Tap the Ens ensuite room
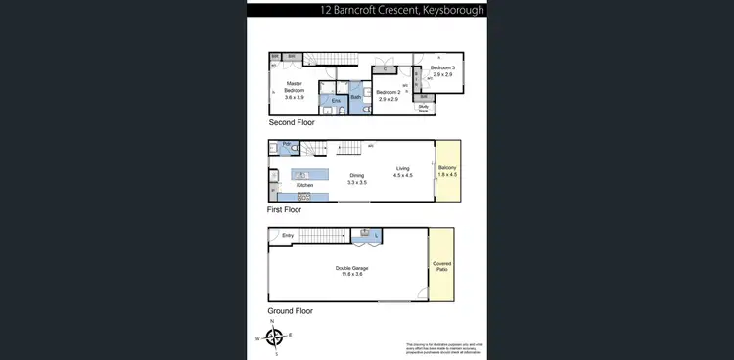(x=336, y=99)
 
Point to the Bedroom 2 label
(x=388, y=95)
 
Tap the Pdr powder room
(x=286, y=145)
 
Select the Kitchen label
(x=304, y=184)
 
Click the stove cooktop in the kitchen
(x=304, y=196)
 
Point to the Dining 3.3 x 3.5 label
(x=356, y=179)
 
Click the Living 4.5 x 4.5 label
(x=402, y=172)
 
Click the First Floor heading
(x=285, y=209)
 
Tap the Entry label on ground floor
(x=288, y=235)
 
